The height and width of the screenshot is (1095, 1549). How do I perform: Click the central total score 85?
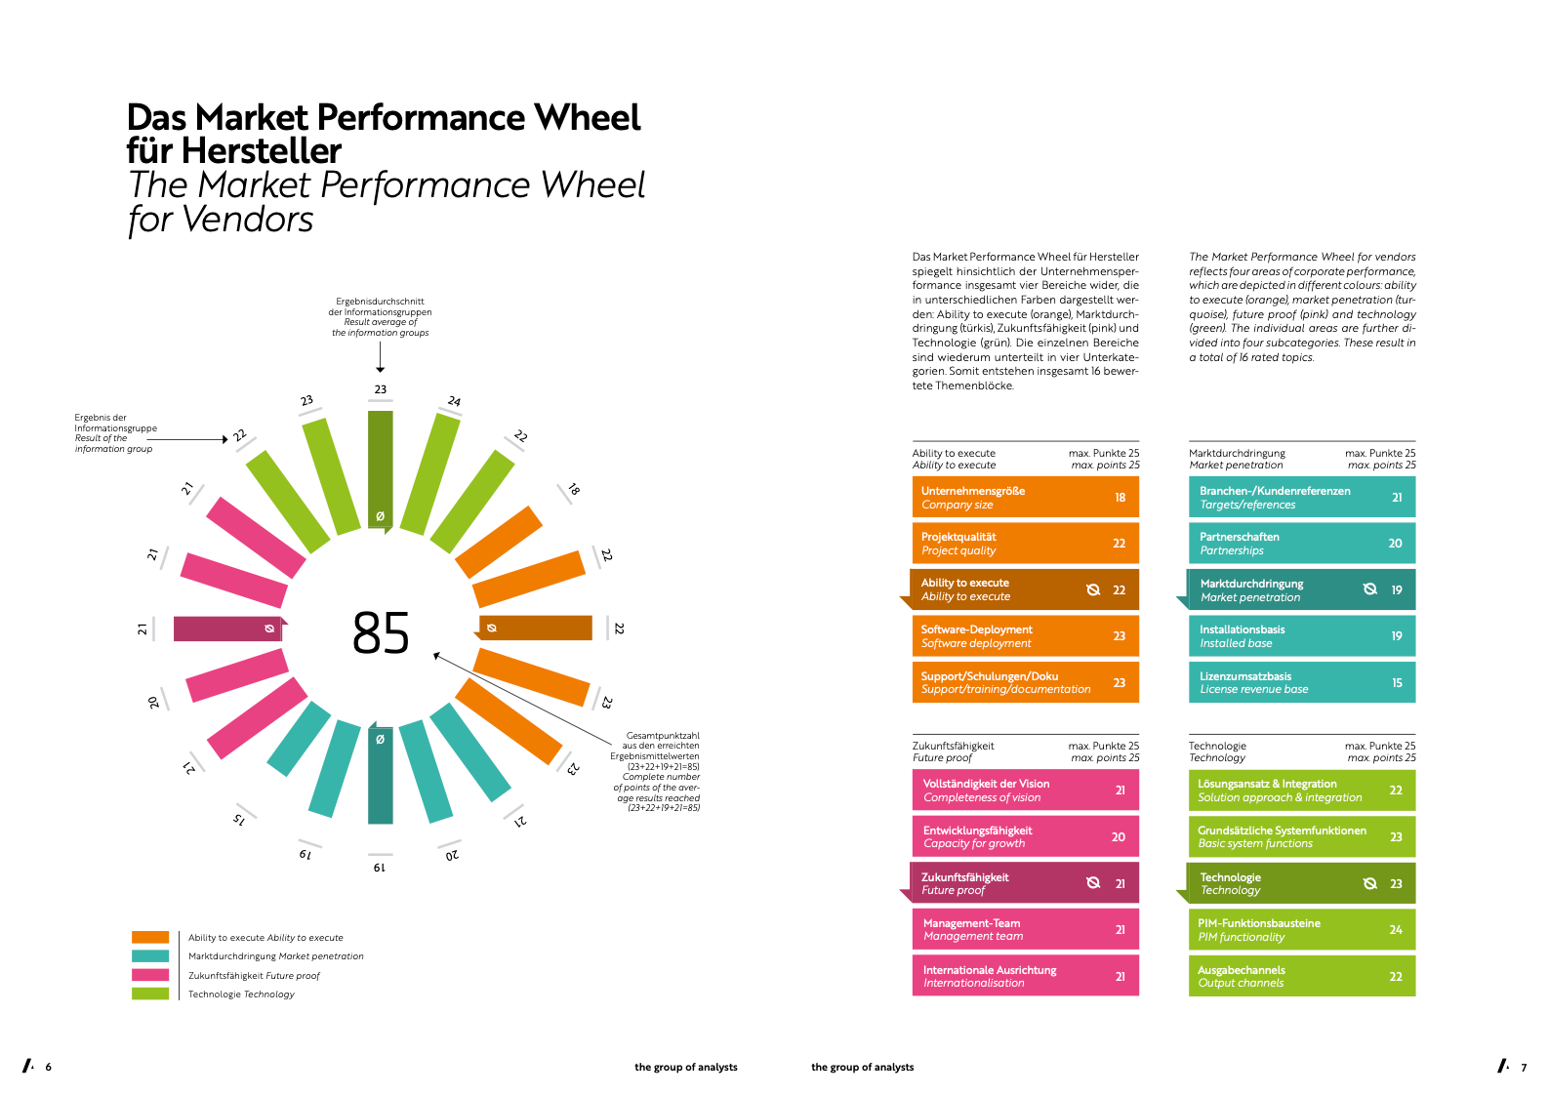click(x=381, y=633)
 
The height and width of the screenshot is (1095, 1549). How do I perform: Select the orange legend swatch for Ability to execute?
click(x=150, y=937)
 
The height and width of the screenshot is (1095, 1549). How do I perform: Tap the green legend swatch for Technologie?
click(x=150, y=994)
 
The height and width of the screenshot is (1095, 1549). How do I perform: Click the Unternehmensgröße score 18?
click(x=1120, y=498)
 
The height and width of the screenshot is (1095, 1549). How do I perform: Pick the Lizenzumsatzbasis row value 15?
click(x=1397, y=683)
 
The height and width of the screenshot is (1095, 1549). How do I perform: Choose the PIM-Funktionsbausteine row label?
click(x=1259, y=923)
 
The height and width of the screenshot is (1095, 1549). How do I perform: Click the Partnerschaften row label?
click(x=1239, y=537)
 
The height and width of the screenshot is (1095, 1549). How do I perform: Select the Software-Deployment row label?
click(x=976, y=629)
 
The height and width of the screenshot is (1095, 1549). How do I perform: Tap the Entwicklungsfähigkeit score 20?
click(x=1119, y=837)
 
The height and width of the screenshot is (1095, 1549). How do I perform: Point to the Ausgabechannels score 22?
click(x=1396, y=977)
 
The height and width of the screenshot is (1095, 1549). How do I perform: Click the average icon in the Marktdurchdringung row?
click(x=1369, y=589)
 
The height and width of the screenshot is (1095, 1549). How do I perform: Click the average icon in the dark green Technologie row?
click(x=1369, y=883)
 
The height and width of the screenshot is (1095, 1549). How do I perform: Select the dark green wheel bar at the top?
click(x=381, y=468)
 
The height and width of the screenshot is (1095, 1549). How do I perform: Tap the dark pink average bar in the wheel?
click(x=226, y=629)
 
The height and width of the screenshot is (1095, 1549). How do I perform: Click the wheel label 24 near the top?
click(x=454, y=401)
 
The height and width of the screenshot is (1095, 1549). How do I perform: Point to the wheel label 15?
click(x=239, y=819)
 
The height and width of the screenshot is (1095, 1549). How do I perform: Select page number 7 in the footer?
click(x=1524, y=1068)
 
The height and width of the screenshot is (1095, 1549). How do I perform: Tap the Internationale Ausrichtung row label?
click(x=990, y=970)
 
